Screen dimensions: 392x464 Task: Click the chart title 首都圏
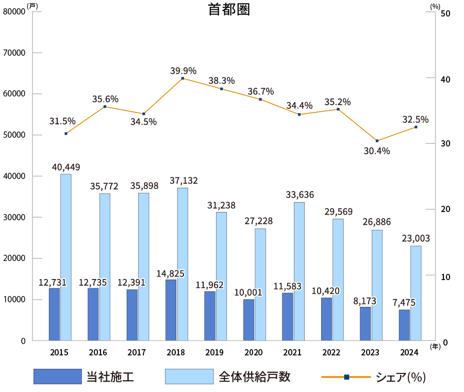pos(229,10)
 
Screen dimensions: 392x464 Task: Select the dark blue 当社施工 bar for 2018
pos(171,309)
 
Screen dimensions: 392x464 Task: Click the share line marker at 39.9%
pos(183,78)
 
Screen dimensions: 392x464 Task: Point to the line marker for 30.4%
pos(377,141)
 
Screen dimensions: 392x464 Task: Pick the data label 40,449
pos(66,167)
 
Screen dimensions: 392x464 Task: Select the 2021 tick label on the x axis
pos(292,352)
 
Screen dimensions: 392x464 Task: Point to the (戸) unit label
pos(32,6)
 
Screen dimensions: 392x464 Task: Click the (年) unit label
pos(435,347)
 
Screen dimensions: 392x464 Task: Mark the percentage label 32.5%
pos(415,119)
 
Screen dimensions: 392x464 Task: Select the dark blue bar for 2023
pos(365,323)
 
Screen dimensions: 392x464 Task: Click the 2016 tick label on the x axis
pos(98,352)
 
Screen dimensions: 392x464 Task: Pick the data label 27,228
pos(260,221)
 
